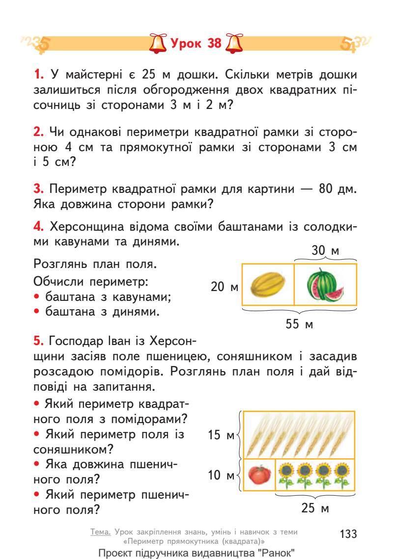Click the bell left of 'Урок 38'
point(158,44)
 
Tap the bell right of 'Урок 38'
point(233,44)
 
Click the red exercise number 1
point(39,76)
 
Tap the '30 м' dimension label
point(325,251)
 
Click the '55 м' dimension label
point(299,324)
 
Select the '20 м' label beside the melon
point(225,287)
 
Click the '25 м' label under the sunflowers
point(315,508)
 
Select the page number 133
point(348,533)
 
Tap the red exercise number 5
point(39,341)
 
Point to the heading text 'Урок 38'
point(196,44)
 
